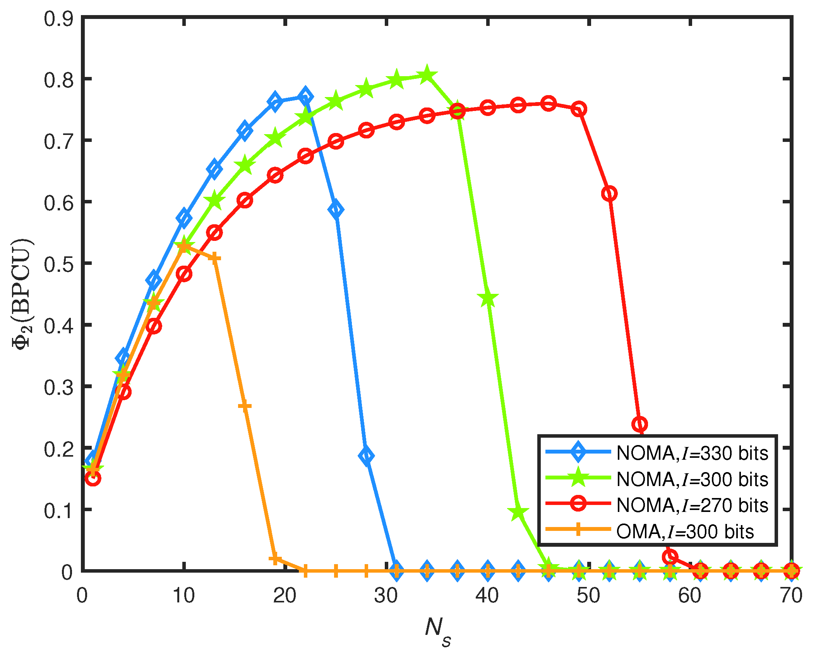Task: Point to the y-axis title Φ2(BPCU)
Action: tap(22, 294)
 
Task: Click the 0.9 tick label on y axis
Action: tap(58, 19)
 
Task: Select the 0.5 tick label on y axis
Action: tap(58, 264)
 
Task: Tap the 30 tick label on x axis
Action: tap(386, 595)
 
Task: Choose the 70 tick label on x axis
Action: tap(791, 595)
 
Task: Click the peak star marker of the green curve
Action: tap(427, 75)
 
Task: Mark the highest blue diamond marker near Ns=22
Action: tap(305, 96)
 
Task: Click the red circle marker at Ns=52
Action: tap(609, 193)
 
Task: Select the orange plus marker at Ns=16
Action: tap(245, 406)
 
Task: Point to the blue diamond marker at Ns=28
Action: tap(366, 455)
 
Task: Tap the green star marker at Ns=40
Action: tap(488, 299)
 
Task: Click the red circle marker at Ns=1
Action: tap(93, 478)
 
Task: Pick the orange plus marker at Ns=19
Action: tap(275, 559)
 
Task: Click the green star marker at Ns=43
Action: tap(518, 512)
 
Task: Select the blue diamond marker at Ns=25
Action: tap(336, 209)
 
